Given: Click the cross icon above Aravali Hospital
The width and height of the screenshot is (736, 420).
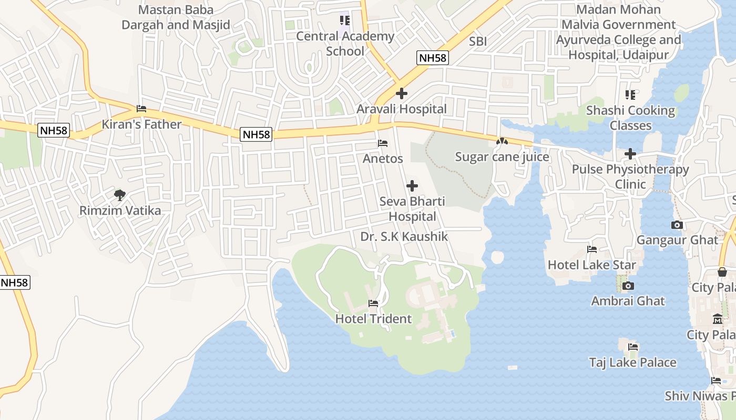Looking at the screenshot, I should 402,94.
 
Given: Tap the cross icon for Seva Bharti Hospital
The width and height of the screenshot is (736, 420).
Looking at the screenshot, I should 412,186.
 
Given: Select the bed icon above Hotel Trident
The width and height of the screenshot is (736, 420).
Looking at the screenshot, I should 373,303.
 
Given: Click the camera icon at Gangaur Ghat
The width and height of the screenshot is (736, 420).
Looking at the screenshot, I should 677,225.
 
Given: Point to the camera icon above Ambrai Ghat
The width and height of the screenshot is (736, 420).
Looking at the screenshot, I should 628,286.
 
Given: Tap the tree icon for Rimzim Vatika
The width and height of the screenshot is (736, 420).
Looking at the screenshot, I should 120,195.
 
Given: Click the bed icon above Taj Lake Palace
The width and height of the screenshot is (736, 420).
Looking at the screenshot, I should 633,347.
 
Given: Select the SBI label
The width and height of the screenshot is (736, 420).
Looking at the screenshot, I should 478,41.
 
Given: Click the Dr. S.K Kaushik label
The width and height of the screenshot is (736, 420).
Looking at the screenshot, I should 404,237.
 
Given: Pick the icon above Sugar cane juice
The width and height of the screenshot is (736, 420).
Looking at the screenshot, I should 502,141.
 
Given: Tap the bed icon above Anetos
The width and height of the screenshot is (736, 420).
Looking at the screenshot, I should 383,143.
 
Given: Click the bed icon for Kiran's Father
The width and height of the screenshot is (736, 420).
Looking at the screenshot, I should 141,109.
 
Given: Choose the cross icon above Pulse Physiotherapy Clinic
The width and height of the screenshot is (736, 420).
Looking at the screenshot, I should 630,154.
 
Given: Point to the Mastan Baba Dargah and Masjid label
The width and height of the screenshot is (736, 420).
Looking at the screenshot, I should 176,17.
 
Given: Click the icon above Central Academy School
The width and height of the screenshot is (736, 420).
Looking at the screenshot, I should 345,20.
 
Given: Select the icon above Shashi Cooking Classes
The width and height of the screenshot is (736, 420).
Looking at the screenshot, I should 630,95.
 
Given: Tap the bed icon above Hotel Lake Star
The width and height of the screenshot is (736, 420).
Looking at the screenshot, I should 592,249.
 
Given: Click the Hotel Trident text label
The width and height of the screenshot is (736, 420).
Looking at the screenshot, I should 373,319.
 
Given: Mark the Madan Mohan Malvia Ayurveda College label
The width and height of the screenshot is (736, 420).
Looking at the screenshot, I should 619,32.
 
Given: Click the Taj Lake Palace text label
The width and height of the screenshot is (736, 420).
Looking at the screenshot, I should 632,362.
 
